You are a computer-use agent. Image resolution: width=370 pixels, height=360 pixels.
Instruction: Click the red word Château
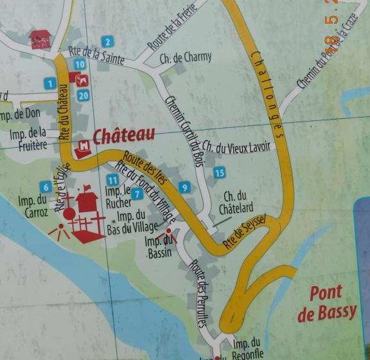point(124,136)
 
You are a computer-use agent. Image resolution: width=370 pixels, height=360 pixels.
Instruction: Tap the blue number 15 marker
point(220,172)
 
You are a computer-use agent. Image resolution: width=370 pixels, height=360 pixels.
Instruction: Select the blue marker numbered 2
point(107,43)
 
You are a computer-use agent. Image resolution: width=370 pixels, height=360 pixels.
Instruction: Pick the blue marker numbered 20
point(82,95)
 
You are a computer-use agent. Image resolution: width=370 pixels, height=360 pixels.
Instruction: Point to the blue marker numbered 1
point(49,83)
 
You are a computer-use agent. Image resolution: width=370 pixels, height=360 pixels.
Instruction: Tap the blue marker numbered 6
point(44,186)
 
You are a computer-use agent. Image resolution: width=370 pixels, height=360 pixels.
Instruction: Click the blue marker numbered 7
point(137,194)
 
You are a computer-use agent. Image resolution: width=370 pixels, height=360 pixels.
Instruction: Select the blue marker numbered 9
point(185,188)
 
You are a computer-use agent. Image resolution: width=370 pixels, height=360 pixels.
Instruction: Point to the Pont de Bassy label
point(327,303)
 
